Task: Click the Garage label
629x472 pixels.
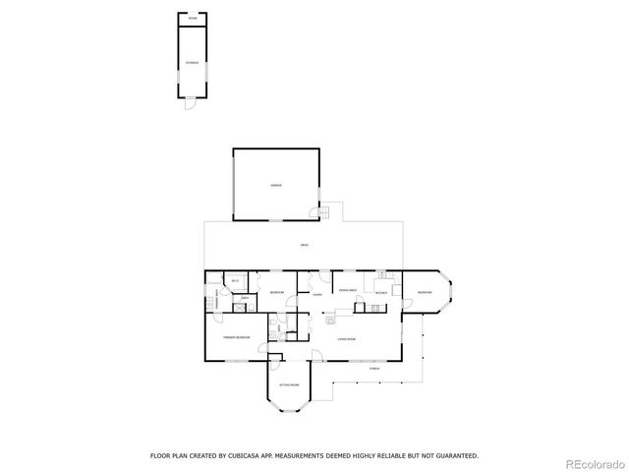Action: (x=276, y=185)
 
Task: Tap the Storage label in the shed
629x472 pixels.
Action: (x=193, y=63)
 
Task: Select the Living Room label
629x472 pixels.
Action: (x=346, y=339)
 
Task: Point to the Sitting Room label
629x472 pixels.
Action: (x=288, y=384)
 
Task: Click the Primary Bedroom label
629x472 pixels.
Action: (x=236, y=337)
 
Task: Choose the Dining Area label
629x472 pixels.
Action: (x=347, y=289)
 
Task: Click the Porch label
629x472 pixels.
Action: (x=374, y=368)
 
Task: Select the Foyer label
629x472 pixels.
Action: (x=318, y=294)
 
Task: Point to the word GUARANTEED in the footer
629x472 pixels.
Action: (x=456, y=455)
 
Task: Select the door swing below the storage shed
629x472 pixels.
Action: (x=191, y=106)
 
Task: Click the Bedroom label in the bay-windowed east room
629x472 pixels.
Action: (x=424, y=293)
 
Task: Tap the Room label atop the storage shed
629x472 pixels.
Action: (x=193, y=19)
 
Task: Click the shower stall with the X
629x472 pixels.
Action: (x=239, y=305)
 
